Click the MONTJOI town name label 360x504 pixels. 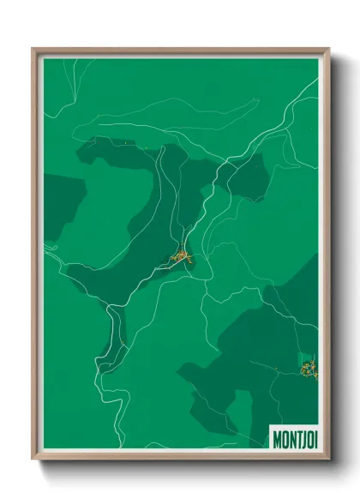(294, 438)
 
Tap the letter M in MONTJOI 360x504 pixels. (277, 438)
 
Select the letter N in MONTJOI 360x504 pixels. (291, 438)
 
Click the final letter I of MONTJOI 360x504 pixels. (315, 438)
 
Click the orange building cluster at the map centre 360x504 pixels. (183, 255)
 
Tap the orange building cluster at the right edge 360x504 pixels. (309, 370)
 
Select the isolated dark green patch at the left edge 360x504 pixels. (60, 206)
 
